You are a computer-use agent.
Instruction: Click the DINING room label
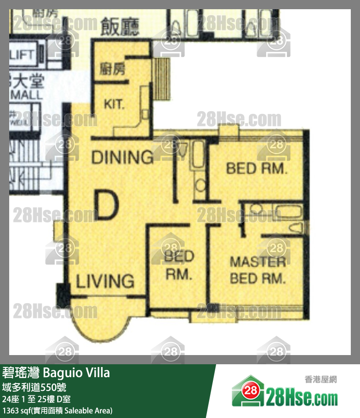pos(122,157)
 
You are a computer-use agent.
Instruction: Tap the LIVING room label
pos(105,281)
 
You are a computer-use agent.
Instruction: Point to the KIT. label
pos(114,104)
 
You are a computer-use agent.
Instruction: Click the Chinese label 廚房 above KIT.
pos(113,70)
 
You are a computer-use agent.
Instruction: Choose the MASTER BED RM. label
pos(258,270)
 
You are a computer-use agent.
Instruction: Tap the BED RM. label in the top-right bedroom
pos(257,169)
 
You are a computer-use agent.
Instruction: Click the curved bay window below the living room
pos(97,322)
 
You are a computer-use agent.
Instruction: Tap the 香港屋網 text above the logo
pos(320,379)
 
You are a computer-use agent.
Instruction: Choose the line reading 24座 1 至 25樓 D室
pos(37,399)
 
